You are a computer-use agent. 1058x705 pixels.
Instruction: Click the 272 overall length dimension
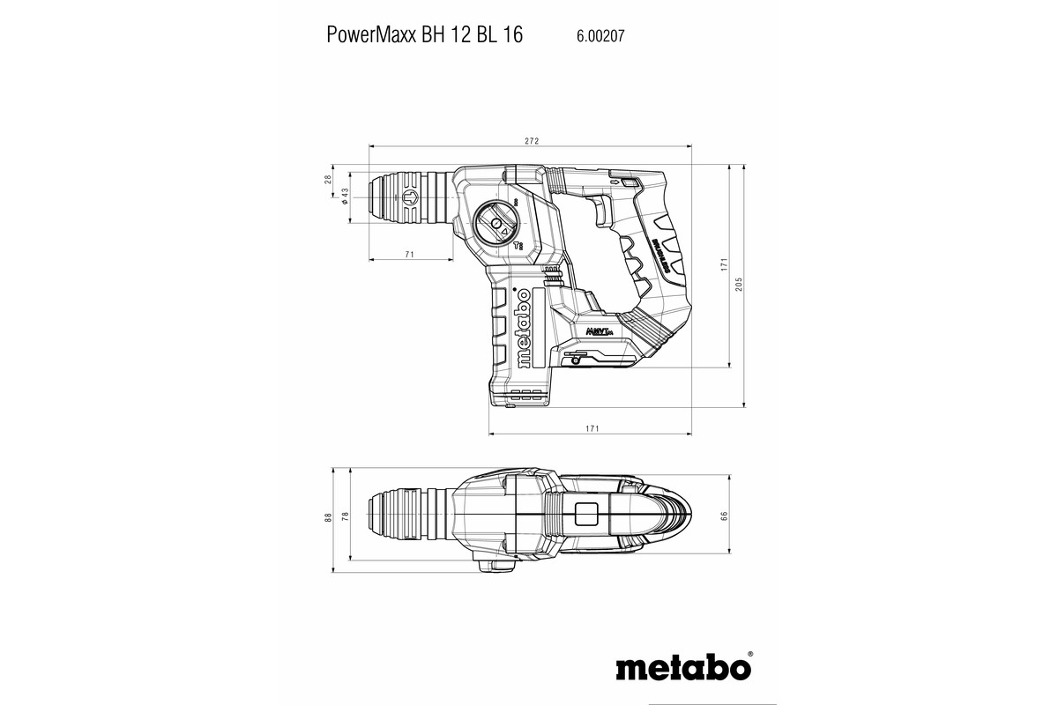click(x=531, y=141)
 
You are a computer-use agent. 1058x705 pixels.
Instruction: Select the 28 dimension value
click(x=329, y=178)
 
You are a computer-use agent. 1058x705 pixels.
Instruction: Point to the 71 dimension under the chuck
click(x=410, y=255)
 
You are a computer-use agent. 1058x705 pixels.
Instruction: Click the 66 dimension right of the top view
click(x=723, y=516)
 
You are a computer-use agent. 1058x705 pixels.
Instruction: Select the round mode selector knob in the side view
click(x=497, y=225)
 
